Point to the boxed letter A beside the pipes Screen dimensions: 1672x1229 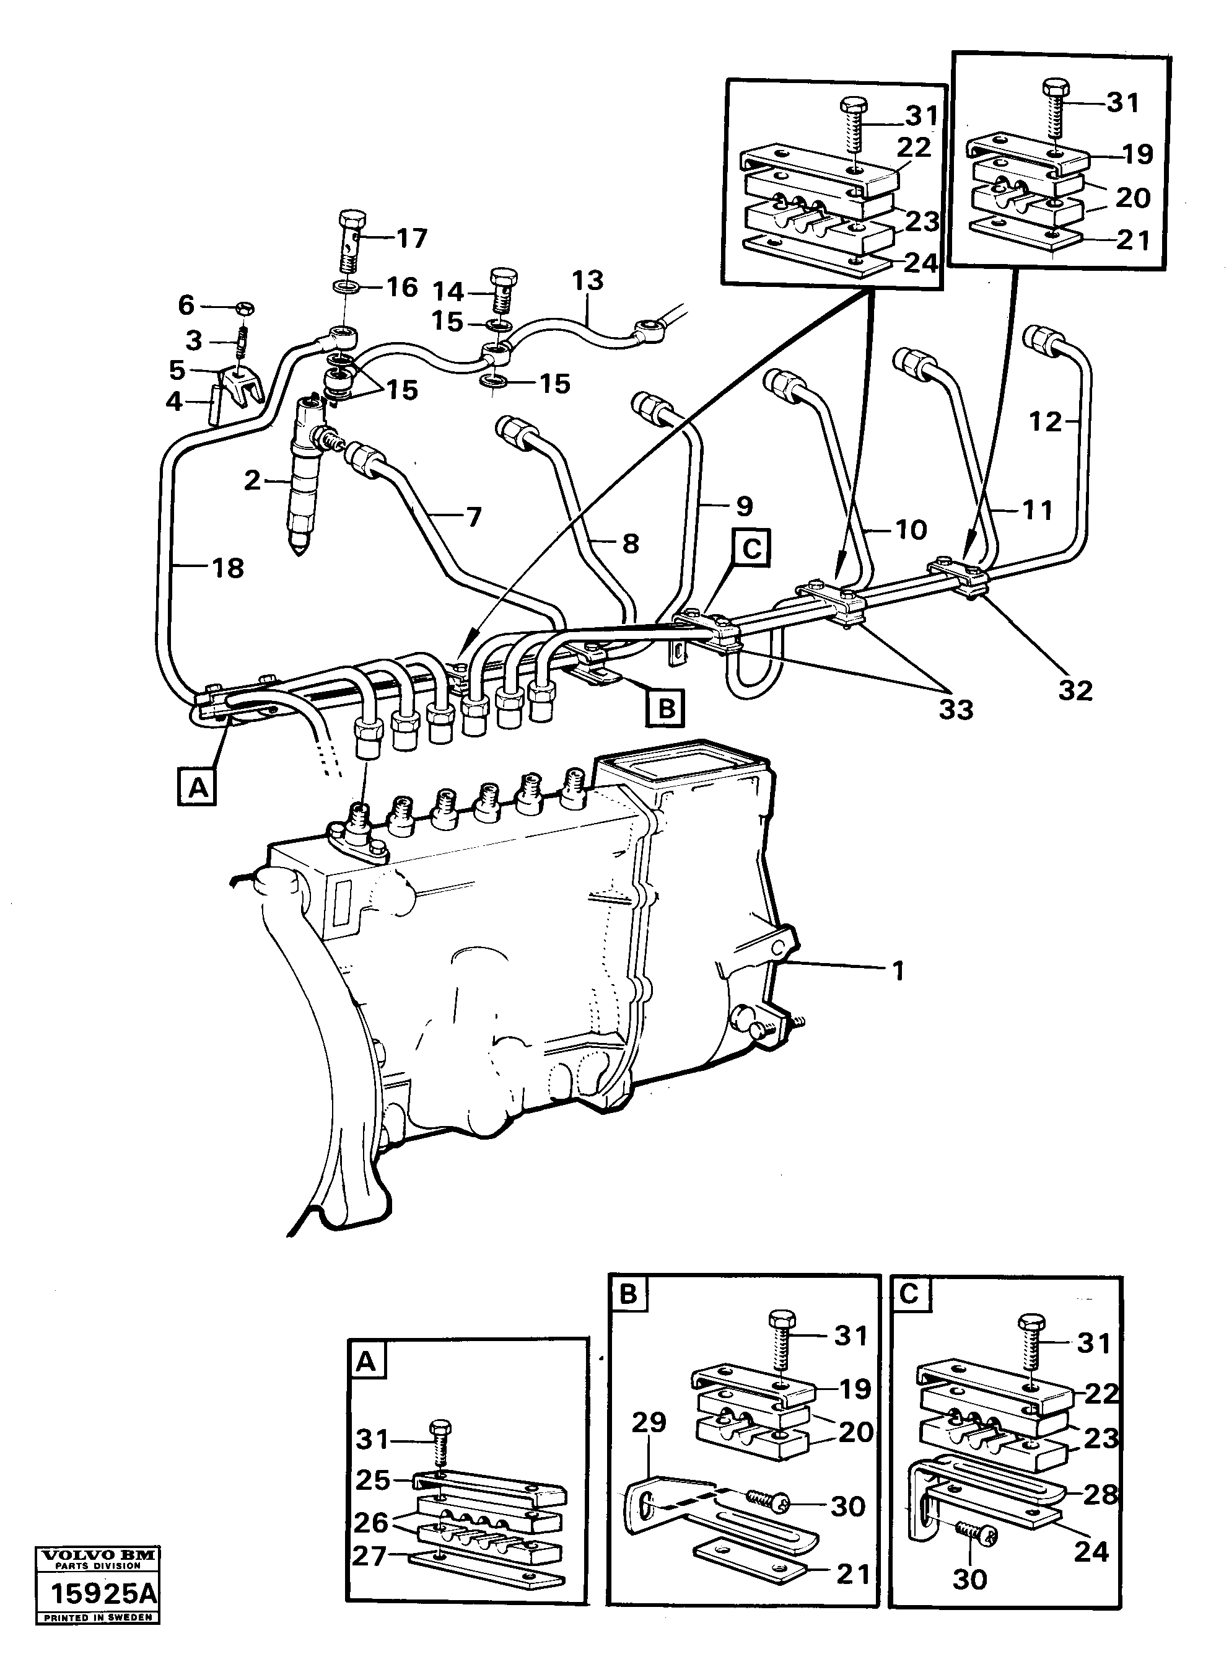pos(197,786)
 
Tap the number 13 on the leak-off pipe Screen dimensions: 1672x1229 pos(587,281)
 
